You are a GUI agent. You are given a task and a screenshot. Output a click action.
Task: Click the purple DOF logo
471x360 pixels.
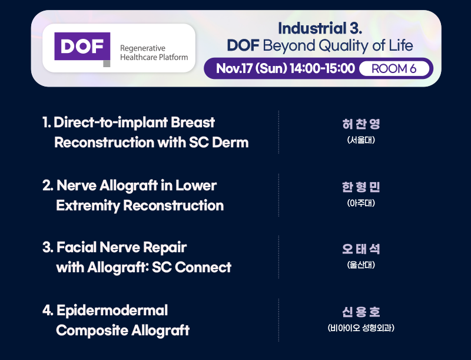click(x=82, y=48)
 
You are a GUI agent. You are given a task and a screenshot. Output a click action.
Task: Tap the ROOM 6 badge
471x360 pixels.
click(x=394, y=69)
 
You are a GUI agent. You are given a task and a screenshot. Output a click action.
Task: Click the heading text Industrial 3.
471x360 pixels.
click(x=320, y=28)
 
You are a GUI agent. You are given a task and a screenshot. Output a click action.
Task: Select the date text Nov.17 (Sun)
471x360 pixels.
click(x=252, y=68)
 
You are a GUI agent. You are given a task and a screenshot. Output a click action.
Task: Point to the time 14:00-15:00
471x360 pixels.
click(x=322, y=68)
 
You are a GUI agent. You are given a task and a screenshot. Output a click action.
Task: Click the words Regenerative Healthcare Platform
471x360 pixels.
click(x=154, y=52)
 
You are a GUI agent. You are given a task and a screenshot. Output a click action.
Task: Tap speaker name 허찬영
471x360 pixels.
click(x=361, y=124)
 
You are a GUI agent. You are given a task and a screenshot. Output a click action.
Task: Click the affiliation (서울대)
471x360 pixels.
click(x=361, y=140)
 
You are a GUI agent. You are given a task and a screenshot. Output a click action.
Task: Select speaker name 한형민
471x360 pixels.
click(x=361, y=187)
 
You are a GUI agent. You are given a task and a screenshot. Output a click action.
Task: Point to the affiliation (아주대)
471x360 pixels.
click(x=361, y=203)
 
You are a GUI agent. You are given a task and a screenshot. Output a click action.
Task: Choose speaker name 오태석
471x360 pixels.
click(x=361, y=249)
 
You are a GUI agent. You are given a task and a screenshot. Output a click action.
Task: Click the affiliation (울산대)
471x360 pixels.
click(x=361, y=265)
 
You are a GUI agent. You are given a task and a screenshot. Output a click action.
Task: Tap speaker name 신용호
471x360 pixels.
click(x=361, y=312)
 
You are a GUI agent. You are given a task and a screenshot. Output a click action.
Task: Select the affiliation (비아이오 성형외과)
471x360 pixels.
click(x=361, y=328)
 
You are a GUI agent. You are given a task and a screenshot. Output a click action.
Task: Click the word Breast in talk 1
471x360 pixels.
click(x=193, y=123)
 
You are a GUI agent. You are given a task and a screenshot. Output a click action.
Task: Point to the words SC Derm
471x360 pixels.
click(x=219, y=143)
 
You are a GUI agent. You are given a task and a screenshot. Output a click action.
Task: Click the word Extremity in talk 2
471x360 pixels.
click(x=88, y=206)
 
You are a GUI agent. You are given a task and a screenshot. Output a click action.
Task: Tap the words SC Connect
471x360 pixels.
click(x=192, y=267)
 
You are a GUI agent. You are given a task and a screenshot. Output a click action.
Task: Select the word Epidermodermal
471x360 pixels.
click(x=112, y=311)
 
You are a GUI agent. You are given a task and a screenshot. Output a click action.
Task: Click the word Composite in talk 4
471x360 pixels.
click(x=92, y=331)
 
